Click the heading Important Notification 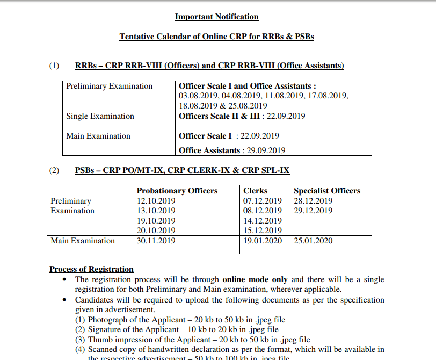tap(216, 17)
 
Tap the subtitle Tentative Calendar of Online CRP tap(216, 37)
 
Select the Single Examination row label tap(100, 116)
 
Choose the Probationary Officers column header tap(177, 191)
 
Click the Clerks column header tap(255, 191)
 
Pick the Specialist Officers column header tap(327, 191)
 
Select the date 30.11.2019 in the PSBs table tap(156, 241)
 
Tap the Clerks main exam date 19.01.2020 tap(262, 241)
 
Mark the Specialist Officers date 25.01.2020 tap(313, 241)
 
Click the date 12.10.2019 tap(156, 201)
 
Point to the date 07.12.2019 tap(262, 201)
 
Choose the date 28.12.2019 tap(313, 201)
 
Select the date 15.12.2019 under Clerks tap(262, 231)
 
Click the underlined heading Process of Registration tap(91, 269)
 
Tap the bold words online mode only tap(255, 279)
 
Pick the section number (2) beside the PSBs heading tap(54, 171)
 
